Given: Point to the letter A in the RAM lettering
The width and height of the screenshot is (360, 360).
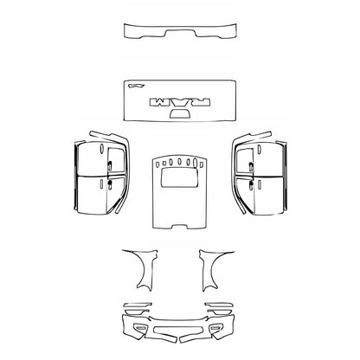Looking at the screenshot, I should [181, 102].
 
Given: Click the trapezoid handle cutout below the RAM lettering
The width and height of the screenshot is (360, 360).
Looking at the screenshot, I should [180, 113].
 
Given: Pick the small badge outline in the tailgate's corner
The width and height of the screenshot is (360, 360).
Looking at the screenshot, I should [134, 86].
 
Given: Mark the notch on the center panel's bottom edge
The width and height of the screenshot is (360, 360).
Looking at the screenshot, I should [179, 228].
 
